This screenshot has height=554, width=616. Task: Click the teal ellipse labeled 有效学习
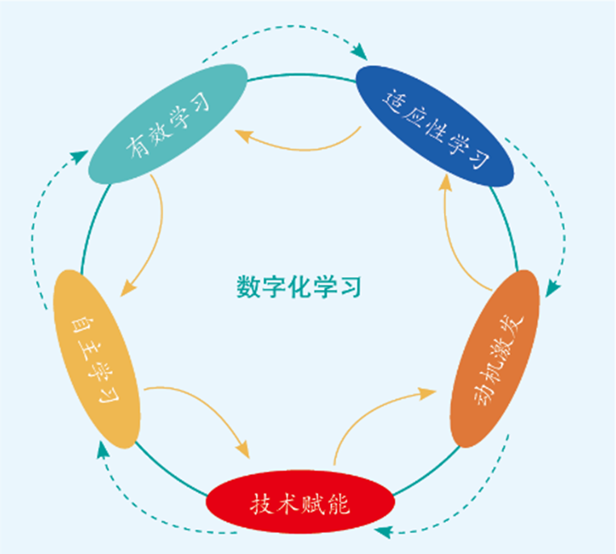tap(166, 123)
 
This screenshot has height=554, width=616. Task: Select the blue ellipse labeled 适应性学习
tap(435, 125)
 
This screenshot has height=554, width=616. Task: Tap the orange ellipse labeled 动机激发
tap(494, 359)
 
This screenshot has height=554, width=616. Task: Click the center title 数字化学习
tap(299, 286)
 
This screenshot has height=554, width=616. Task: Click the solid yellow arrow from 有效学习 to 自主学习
tap(157, 234)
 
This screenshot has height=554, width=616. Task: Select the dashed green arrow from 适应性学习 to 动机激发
tap(557, 210)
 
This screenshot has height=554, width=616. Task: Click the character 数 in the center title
tap(247, 286)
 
